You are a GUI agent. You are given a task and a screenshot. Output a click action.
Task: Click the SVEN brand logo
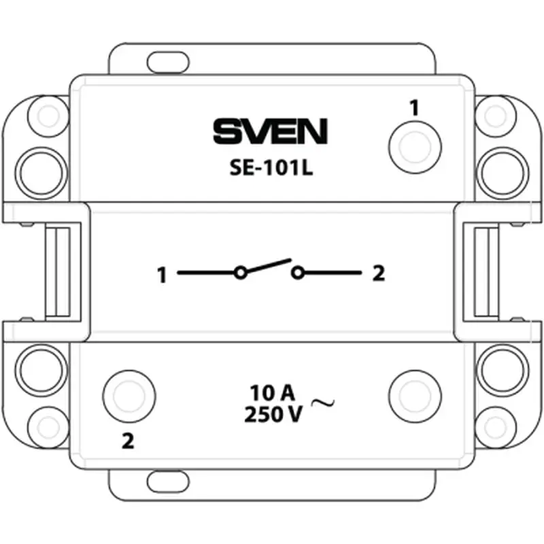(270, 131)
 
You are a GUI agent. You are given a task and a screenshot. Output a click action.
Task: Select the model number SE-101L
(271, 168)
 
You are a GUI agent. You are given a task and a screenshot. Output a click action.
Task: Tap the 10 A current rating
(273, 393)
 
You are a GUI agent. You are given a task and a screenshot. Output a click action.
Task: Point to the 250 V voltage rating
(273, 414)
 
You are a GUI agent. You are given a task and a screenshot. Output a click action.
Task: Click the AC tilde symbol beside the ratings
(322, 403)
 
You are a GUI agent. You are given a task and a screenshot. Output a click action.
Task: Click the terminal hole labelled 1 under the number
(415, 147)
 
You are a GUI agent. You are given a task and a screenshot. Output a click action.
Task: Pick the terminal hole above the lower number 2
(129, 396)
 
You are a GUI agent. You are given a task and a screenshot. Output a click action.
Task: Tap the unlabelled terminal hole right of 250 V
(415, 396)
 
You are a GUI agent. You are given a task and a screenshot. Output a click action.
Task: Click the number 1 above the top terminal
(414, 107)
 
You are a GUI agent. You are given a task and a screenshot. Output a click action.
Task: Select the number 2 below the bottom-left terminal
(128, 441)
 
